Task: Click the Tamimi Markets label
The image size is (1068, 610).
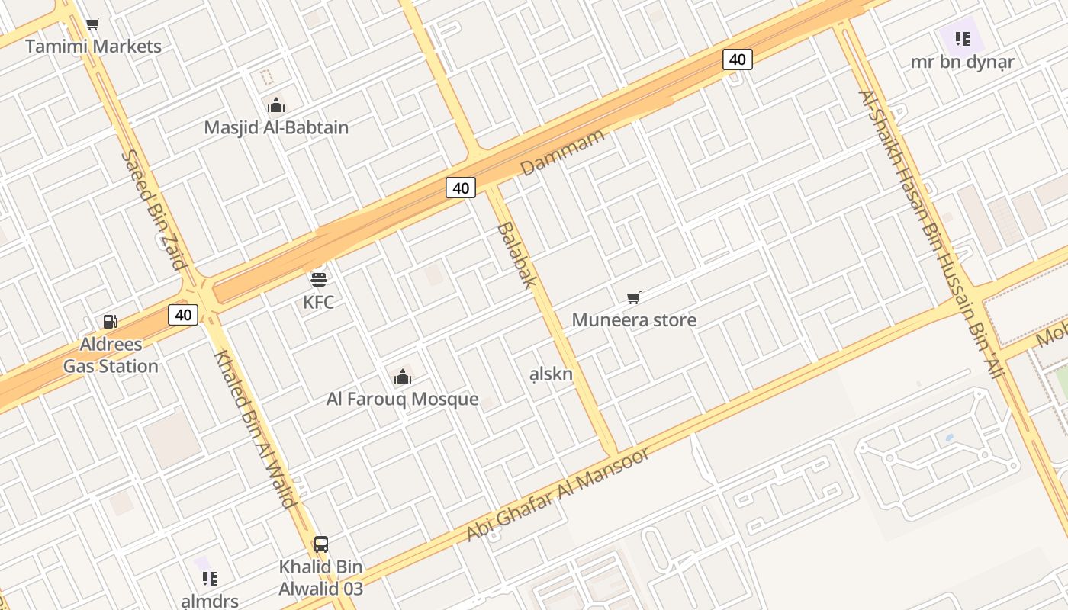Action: tap(93, 47)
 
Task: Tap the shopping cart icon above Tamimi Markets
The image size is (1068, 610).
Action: tap(93, 24)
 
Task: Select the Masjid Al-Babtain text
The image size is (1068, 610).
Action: tap(276, 127)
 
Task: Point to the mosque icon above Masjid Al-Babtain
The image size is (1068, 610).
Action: tap(276, 105)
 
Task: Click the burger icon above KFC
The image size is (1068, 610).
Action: tap(319, 279)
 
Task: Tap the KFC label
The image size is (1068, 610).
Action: tap(319, 302)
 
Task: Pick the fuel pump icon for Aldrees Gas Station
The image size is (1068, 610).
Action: tap(111, 322)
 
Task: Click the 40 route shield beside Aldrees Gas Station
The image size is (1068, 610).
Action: tap(183, 314)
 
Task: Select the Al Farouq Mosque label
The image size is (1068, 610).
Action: tap(403, 399)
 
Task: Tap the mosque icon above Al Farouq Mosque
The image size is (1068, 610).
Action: tap(403, 376)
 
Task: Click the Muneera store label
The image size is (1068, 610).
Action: tap(634, 319)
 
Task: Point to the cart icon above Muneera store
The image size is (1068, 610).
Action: tap(634, 297)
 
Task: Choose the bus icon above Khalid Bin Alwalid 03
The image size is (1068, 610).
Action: tap(321, 544)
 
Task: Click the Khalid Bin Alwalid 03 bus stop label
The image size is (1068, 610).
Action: tap(321, 578)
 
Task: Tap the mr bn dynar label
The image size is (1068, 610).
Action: tap(963, 62)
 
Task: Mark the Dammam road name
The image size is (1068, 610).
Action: tap(563, 152)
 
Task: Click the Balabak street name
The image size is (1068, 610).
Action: tap(516, 255)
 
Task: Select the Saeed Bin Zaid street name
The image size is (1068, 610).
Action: tap(154, 210)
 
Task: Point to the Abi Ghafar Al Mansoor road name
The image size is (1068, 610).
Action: tap(558, 494)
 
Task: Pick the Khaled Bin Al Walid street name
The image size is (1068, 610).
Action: tap(255, 429)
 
